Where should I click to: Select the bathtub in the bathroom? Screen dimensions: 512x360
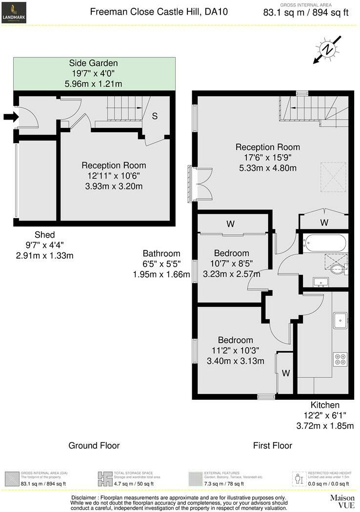click(x=324, y=243)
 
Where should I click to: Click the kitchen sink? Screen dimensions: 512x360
click(x=340, y=320)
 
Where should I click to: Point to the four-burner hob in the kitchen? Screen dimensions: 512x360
click(x=340, y=359)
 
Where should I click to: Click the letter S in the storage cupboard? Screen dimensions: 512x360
click(x=155, y=116)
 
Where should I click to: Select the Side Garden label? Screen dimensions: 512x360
click(x=93, y=63)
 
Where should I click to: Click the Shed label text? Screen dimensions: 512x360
click(x=44, y=234)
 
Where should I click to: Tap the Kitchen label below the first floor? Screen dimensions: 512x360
click(x=325, y=405)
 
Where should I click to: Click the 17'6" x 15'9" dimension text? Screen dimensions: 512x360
click(x=267, y=158)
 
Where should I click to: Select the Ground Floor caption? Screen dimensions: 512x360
click(x=94, y=445)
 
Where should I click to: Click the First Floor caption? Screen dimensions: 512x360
click(x=272, y=445)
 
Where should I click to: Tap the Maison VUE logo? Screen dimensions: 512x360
click(x=341, y=501)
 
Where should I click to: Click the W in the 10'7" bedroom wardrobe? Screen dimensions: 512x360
click(x=231, y=224)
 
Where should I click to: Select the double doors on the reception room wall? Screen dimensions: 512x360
click(x=201, y=183)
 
